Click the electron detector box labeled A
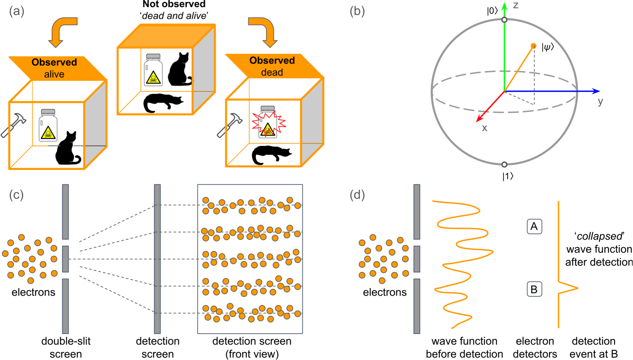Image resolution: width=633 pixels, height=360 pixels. [534, 227]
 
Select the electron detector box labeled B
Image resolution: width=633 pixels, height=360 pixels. [534, 290]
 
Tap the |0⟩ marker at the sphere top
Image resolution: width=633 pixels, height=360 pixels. [504, 20]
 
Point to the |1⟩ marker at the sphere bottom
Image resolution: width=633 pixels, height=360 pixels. [504, 165]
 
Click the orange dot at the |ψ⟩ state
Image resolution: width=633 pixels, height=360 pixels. [533, 46]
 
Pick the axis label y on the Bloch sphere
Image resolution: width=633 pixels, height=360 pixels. [600, 102]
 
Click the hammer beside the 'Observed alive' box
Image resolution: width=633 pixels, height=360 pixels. [13, 125]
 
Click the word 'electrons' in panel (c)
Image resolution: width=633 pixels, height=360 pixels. [33, 292]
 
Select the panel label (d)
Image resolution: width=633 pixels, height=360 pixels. [357, 195]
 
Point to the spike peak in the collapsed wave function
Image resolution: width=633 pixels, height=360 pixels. [577, 288]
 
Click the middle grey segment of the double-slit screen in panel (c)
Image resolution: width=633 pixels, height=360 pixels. [66, 259]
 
